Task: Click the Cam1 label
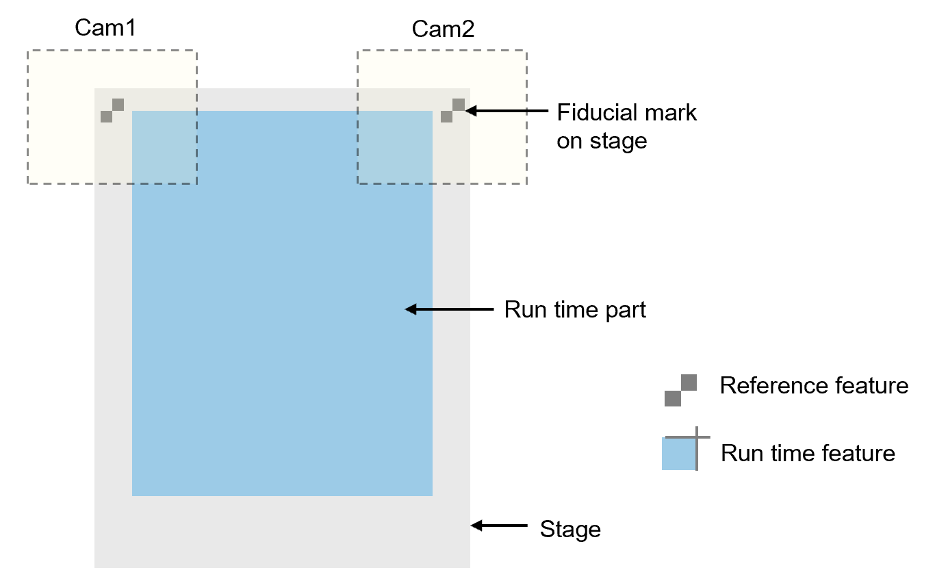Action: pyautogui.click(x=105, y=29)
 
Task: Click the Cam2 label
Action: pyautogui.click(x=443, y=29)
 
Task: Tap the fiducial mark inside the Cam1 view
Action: pyautogui.click(x=112, y=111)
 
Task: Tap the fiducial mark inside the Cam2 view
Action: pyautogui.click(x=452, y=111)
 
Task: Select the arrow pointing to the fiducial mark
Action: pyautogui.click(x=507, y=111)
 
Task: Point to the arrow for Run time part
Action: pyautogui.click(x=449, y=309)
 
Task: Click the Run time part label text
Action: pyautogui.click(x=575, y=309)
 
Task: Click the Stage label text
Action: pyautogui.click(x=570, y=529)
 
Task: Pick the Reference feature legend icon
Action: pyautogui.click(x=680, y=390)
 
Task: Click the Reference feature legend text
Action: pyautogui.click(x=814, y=386)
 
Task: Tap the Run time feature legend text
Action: pyautogui.click(x=808, y=453)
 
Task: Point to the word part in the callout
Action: pyautogui.click(x=623, y=310)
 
